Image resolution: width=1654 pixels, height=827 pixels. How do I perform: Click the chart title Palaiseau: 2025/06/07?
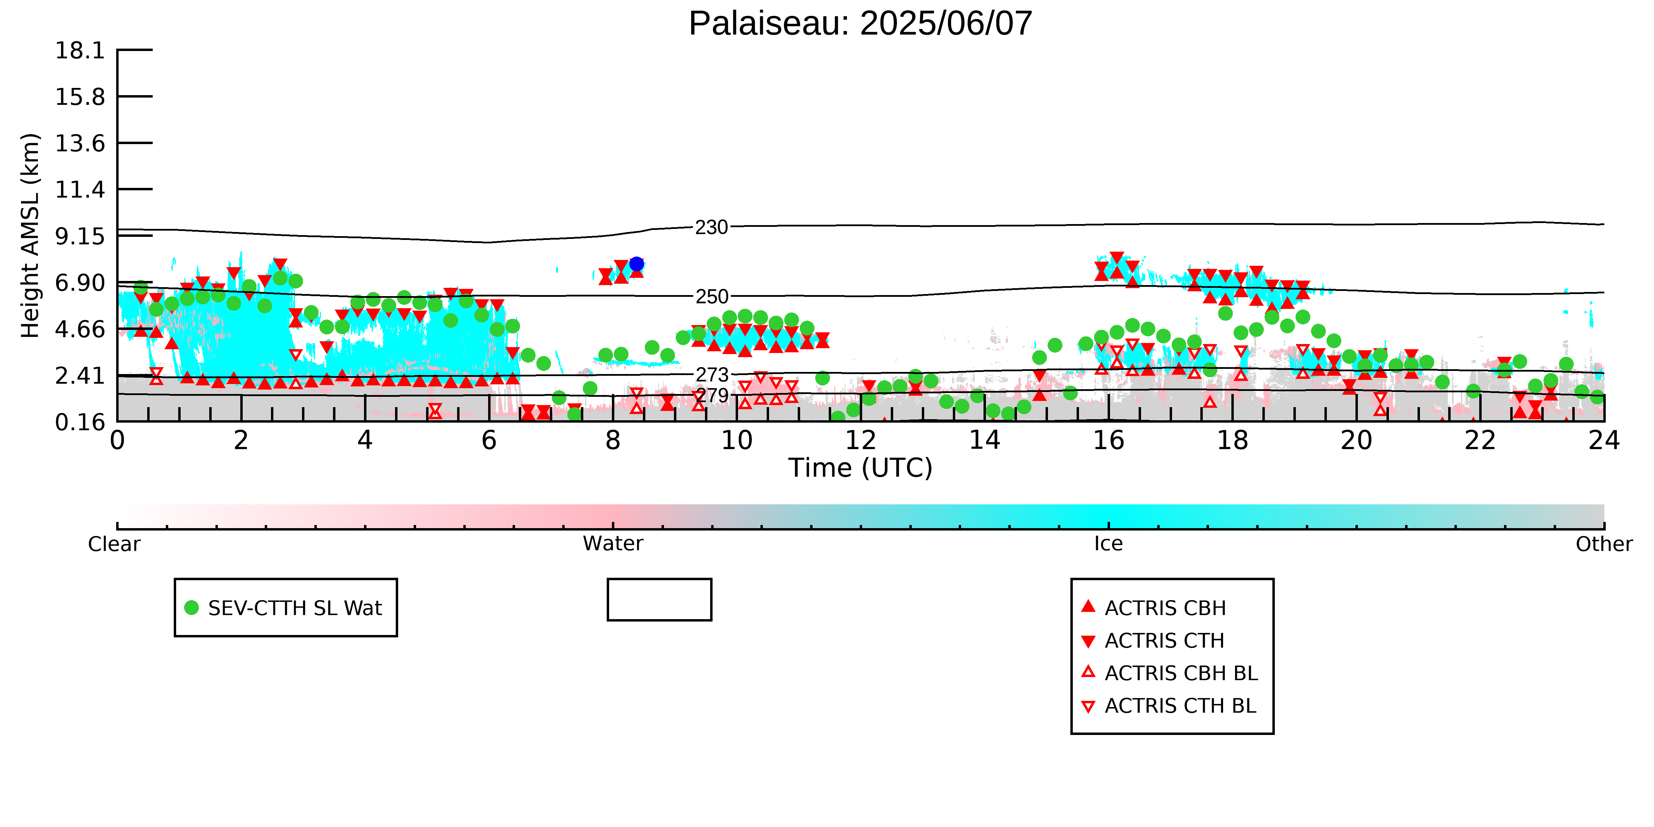(860, 24)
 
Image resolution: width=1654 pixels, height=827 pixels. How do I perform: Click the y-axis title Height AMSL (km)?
(31, 236)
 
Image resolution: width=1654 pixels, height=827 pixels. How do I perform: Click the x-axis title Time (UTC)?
(860, 468)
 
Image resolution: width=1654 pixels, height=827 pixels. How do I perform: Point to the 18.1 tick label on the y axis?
(80, 50)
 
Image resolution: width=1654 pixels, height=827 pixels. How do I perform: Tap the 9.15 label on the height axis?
(80, 236)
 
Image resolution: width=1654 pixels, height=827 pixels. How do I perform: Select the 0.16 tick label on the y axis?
(80, 423)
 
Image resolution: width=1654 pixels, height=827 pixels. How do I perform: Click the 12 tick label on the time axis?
(860, 441)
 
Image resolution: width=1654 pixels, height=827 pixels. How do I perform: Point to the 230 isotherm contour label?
(712, 227)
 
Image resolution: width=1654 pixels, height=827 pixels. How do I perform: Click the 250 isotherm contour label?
(712, 297)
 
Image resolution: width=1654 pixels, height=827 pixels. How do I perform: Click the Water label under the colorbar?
(613, 544)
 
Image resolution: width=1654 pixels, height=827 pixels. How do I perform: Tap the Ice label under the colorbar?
(1108, 544)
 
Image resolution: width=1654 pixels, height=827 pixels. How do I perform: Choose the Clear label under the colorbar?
(114, 544)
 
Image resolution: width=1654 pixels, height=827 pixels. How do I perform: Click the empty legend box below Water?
(659, 600)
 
